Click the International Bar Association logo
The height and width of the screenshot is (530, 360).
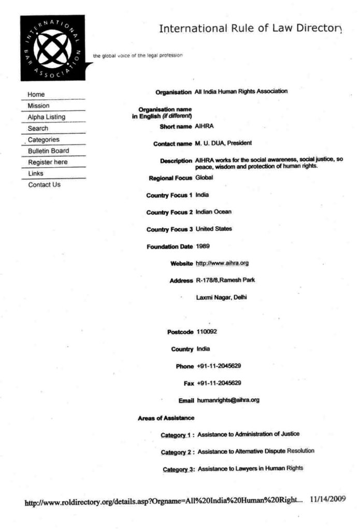coord(52,48)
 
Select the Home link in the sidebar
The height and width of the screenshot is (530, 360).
coord(36,94)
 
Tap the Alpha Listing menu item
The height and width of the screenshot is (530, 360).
coord(47,117)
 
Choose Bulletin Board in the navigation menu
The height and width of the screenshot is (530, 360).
coord(49,151)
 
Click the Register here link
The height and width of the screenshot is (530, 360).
coord(48,162)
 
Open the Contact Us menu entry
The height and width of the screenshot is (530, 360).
coord(44,185)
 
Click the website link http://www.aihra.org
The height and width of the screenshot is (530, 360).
coord(222,263)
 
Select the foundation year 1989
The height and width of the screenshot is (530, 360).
coord(203,246)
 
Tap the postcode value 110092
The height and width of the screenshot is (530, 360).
coord(207,332)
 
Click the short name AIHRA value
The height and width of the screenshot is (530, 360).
coord(205,126)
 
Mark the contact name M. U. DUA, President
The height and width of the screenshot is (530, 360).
coord(223,143)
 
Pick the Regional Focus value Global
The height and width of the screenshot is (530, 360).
coord(204,178)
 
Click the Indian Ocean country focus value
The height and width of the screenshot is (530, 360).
coord(213,212)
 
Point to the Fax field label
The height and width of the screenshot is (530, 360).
coord(188,384)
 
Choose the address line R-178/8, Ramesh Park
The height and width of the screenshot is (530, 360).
coord(225,280)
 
